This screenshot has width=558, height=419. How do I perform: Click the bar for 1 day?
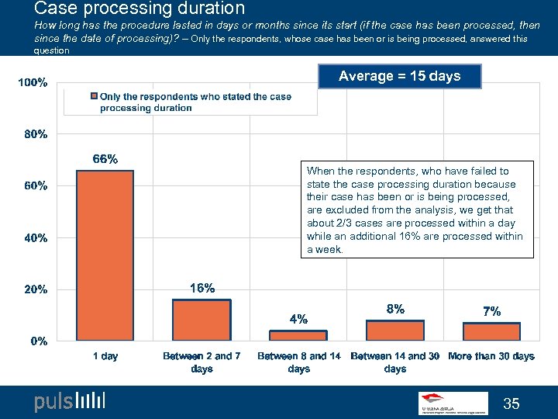coord(105,255)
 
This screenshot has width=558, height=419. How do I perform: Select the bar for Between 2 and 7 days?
coord(201,320)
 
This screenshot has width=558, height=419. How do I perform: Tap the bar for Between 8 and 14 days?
coord(298,335)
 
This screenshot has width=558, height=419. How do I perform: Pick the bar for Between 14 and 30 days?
coord(395,331)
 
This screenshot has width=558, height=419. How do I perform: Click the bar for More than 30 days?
coord(491,331)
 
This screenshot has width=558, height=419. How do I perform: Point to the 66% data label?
coord(105,159)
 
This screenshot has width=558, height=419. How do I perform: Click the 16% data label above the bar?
coord(202,288)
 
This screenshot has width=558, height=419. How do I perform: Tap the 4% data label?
coord(298,318)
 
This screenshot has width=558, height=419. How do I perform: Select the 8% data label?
coord(395,308)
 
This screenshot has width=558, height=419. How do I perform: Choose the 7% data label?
coord(491,311)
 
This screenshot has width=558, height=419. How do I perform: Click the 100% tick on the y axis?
coord(33,82)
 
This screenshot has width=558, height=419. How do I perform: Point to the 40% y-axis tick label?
coord(36,237)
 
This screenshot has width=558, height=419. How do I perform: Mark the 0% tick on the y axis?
coord(39,341)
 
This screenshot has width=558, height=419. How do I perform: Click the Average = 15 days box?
coord(399,76)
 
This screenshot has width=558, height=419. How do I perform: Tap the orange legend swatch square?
coord(94,97)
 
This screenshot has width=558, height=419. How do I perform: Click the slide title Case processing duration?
coord(139,9)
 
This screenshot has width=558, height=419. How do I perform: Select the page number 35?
coord(511,403)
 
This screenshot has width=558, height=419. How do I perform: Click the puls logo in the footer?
coord(69,401)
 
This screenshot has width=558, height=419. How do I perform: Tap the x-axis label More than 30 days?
coord(491,356)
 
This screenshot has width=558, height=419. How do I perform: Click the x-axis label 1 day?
coord(105,356)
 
